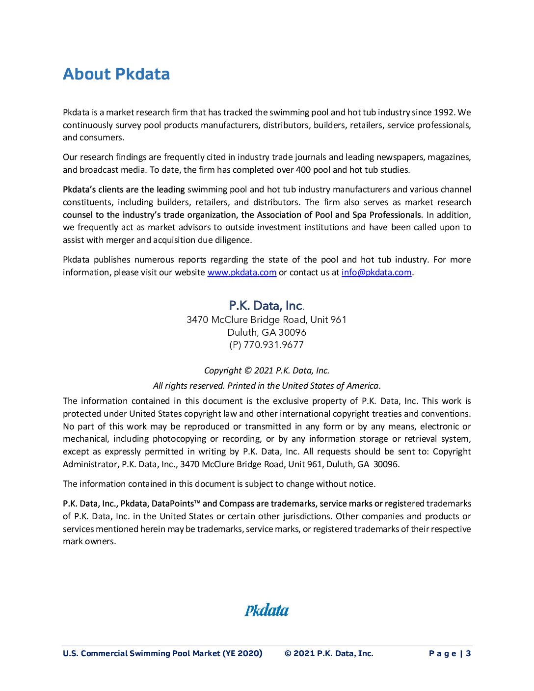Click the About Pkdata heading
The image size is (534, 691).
116,74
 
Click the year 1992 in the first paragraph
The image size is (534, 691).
444,112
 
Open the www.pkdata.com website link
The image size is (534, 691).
242,272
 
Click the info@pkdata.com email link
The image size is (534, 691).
376,272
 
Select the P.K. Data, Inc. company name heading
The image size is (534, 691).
267,306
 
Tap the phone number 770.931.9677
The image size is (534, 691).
273,345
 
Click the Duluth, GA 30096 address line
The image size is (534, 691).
267,332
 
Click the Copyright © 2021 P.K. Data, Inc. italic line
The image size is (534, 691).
267,371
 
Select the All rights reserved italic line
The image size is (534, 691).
267,386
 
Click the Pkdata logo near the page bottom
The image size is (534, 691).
267,611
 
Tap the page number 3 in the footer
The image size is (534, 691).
469,653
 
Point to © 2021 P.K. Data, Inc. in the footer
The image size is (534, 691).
329,653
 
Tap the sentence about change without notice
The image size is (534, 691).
219,484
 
